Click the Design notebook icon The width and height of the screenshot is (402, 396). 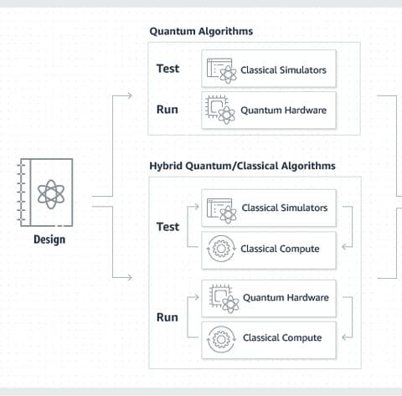(46, 193)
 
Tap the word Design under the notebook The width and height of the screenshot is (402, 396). (49, 239)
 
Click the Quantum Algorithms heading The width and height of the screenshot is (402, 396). (201, 31)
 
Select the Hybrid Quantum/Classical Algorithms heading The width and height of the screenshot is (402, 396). (242, 166)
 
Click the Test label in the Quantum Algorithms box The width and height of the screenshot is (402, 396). (167, 69)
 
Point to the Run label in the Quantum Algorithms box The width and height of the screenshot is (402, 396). (167, 110)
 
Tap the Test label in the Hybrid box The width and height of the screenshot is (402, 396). (167, 227)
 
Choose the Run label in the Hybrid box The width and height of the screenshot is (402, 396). (167, 317)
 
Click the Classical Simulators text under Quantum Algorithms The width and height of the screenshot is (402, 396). (283, 70)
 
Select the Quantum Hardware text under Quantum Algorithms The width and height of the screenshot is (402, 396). (283, 111)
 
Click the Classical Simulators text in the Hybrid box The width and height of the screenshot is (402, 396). (285, 208)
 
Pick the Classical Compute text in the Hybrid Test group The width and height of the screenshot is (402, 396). (280, 249)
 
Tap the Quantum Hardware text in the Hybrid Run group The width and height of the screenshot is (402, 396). (286, 298)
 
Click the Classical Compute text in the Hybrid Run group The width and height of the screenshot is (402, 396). (282, 338)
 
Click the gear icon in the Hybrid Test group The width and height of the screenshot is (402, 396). (221, 249)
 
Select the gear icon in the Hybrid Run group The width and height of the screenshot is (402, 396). (221, 339)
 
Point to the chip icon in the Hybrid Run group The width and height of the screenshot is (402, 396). (224, 299)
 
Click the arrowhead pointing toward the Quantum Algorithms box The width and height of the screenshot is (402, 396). (129, 95)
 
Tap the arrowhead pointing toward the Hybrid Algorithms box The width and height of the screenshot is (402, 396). (129, 277)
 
